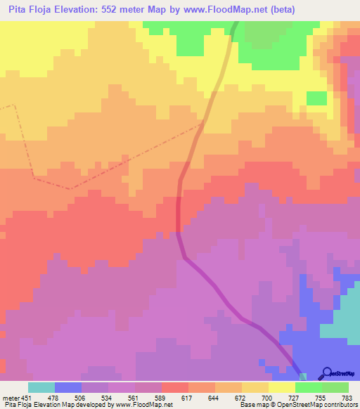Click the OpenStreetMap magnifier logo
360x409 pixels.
point(326,373)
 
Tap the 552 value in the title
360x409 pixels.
point(117,9)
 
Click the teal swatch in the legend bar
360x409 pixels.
point(41,387)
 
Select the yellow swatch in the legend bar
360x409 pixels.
point(281,387)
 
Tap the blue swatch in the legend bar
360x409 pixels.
point(67,387)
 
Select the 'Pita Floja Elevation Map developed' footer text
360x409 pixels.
point(49,405)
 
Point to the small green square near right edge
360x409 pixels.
point(317,98)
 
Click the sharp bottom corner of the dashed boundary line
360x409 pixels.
point(69,188)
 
